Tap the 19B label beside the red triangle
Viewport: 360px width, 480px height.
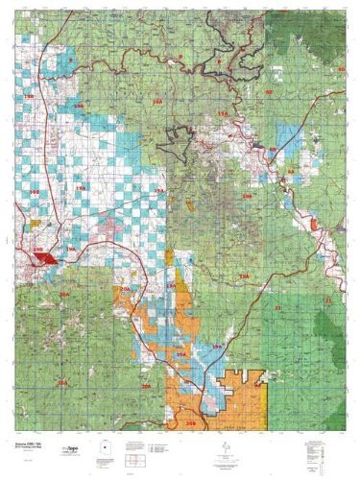click(x=38, y=251)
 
